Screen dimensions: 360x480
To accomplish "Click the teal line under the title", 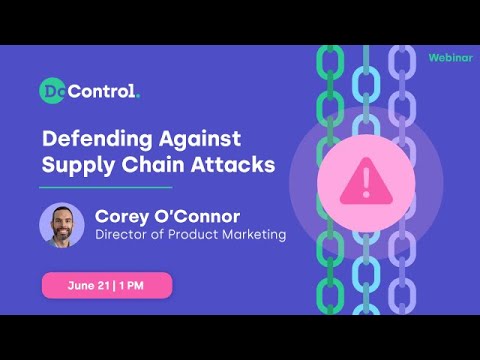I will (106, 186).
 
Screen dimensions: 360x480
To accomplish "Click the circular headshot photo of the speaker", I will (62, 225).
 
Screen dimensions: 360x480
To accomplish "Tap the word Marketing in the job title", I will (250, 235).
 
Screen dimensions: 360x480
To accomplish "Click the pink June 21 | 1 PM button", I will (106, 285).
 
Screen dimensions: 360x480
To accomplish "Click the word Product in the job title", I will (192, 235).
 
